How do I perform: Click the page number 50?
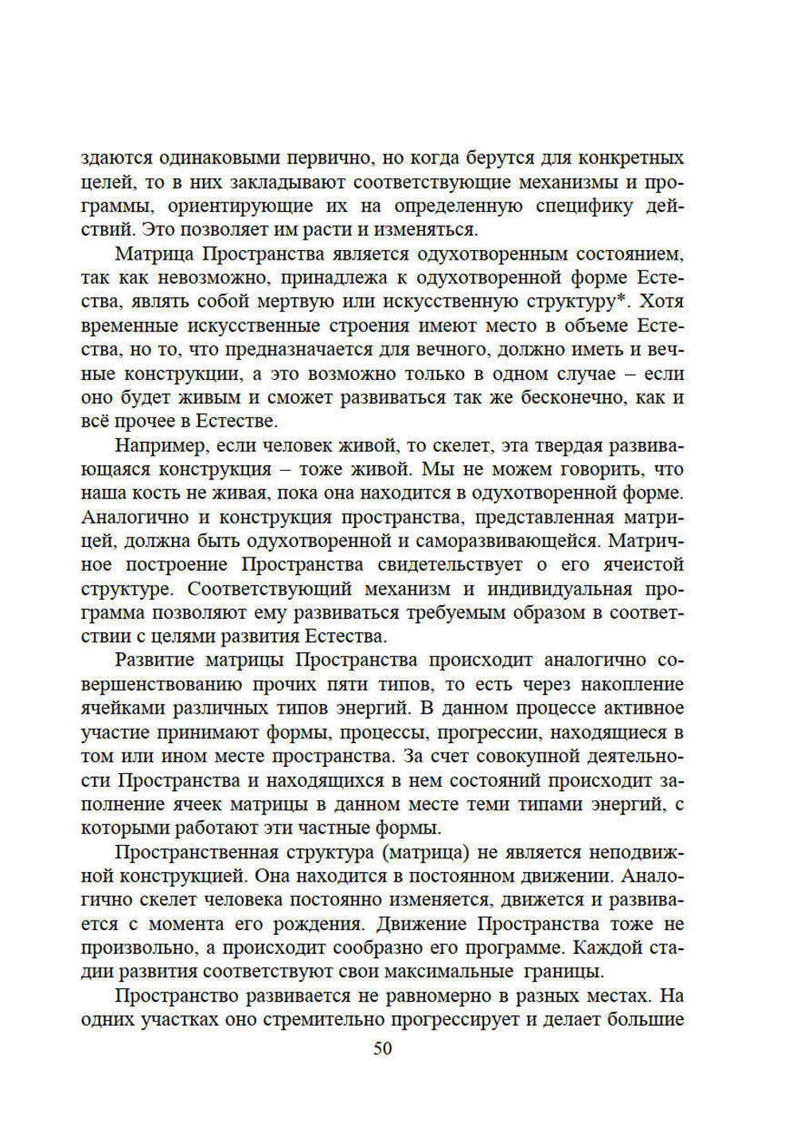(x=382, y=1049)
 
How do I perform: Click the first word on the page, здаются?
(x=115, y=158)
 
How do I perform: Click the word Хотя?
(x=661, y=302)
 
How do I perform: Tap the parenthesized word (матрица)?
(x=426, y=853)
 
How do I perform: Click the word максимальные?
(x=447, y=972)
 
